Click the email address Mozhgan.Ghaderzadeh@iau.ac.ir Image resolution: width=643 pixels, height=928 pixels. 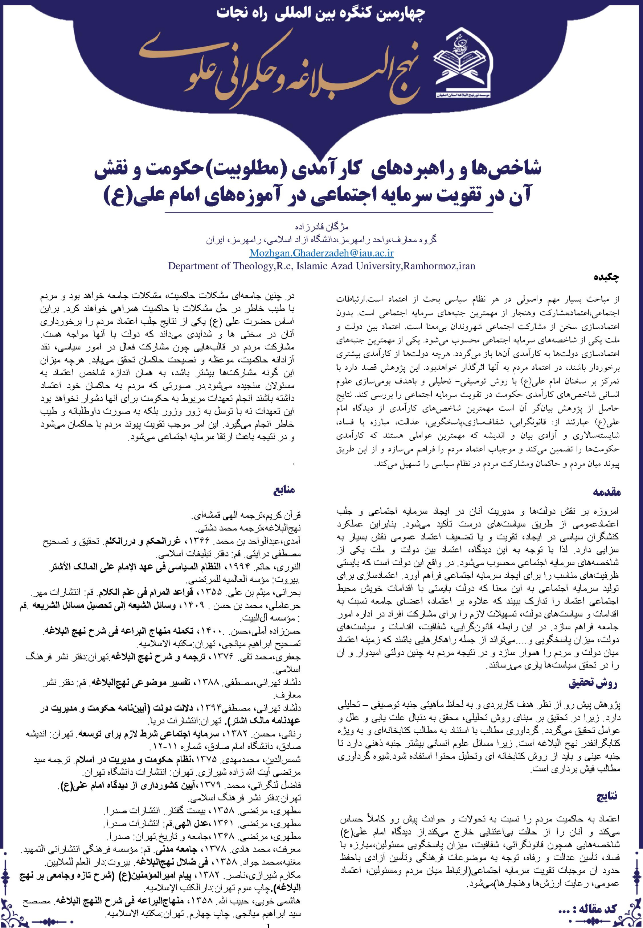[321, 253]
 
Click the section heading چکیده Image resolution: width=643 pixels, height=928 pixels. [606, 277]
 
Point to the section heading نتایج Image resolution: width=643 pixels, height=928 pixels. [606, 796]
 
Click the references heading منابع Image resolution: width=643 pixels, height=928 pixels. [284, 490]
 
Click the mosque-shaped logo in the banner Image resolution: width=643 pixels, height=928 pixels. [464, 65]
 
